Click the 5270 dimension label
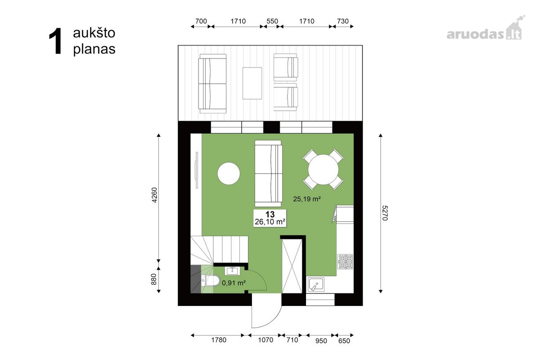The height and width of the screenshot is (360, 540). click(x=385, y=213)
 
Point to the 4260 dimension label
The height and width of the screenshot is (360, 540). click(x=154, y=195)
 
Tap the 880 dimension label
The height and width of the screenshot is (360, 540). click(x=154, y=279)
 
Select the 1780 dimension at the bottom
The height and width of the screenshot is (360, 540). click(x=219, y=340)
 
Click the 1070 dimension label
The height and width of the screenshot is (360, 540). click(x=265, y=340)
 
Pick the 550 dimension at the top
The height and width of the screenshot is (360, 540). click(x=272, y=21)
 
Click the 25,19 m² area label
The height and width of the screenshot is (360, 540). click(x=307, y=199)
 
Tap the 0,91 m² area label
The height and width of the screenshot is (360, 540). click(x=234, y=283)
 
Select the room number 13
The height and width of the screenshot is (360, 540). click(x=270, y=214)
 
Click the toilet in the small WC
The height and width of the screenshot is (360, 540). click(x=210, y=281)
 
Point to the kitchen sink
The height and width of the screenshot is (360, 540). click(x=316, y=284)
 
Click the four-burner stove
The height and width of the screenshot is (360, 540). click(x=345, y=262)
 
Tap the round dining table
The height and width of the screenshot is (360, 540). click(x=323, y=170)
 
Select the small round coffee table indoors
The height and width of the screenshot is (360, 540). click(x=229, y=174)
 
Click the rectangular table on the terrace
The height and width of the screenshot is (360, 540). click(x=252, y=83)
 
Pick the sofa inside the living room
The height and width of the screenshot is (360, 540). click(x=268, y=173)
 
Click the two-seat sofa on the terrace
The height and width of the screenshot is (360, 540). click(x=212, y=83)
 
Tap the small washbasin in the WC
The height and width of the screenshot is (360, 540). click(x=232, y=271)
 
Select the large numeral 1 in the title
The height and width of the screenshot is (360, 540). click(x=55, y=41)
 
